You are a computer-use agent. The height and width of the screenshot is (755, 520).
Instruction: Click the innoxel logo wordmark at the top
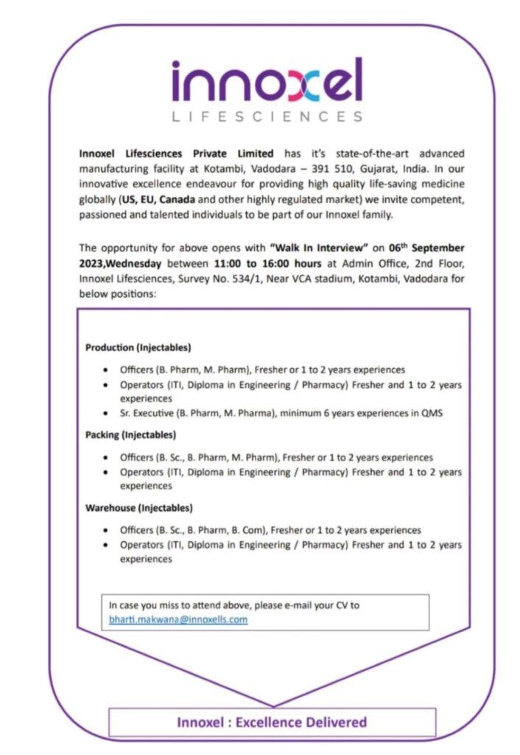(267, 80)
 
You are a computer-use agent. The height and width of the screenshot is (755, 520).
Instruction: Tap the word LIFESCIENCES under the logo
(267, 116)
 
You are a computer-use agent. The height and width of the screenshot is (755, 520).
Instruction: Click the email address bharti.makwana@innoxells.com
(178, 619)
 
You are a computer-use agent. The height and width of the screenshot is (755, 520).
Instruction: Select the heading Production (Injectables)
(138, 347)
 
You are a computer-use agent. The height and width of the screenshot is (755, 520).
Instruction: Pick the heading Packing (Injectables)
(131, 435)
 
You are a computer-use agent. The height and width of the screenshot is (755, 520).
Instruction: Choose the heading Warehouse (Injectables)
(139, 508)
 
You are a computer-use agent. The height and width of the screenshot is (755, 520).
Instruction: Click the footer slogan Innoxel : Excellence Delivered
(271, 722)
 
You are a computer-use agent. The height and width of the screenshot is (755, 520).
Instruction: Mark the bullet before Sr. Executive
(108, 414)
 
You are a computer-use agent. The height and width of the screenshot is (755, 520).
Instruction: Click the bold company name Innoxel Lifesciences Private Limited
(176, 153)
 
